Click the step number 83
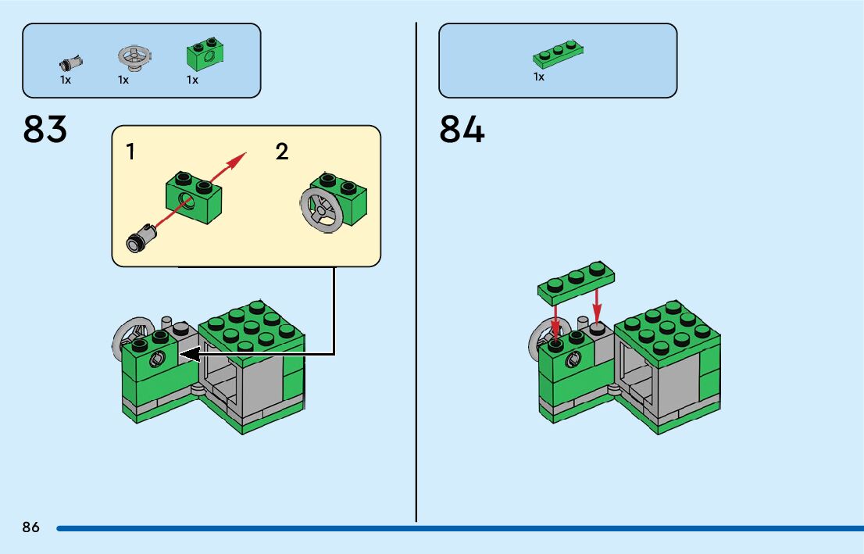click(x=45, y=129)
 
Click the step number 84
click(x=462, y=129)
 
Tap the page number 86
click(x=30, y=527)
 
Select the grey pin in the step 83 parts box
click(x=70, y=62)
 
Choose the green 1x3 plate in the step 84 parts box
click(x=559, y=54)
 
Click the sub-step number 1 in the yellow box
click(x=130, y=152)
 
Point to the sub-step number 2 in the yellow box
click(x=282, y=152)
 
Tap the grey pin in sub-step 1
click(x=141, y=238)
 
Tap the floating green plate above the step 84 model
click(x=577, y=282)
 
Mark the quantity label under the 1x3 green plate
click(x=539, y=77)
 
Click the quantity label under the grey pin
click(x=66, y=80)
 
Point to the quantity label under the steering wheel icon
click(x=123, y=80)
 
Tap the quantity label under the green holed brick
click(x=192, y=80)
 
